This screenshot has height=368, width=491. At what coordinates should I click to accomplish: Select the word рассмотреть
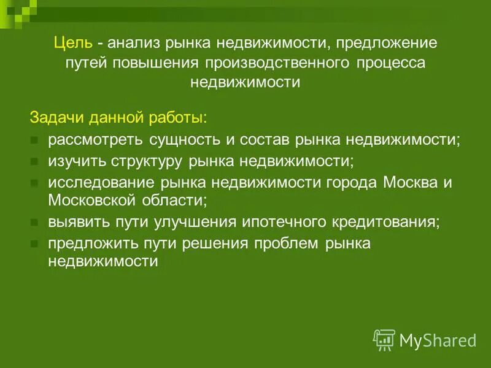(95, 139)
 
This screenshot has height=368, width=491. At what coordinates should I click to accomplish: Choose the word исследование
(101, 183)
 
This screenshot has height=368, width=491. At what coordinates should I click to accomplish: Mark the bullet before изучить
(34, 162)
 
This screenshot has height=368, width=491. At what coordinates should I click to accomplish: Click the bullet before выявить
(34, 223)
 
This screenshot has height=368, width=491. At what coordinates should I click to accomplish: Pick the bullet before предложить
(34, 244)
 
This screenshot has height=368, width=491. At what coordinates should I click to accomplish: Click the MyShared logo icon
(384, 339)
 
